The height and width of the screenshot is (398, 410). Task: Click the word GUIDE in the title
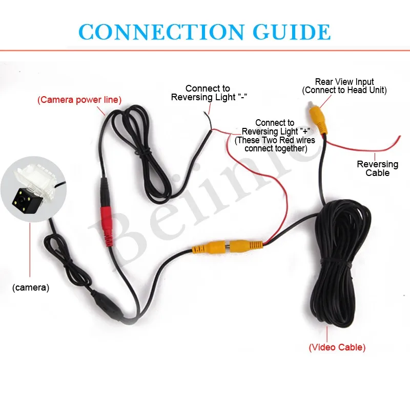(x=292, y=32)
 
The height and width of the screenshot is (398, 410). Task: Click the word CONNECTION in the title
(x=161, y=32)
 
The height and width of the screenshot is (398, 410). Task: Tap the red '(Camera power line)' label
(x=79, y=100)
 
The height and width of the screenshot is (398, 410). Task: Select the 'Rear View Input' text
(x=344, y=82)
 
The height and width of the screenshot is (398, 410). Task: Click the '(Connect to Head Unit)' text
(x=344, y=91)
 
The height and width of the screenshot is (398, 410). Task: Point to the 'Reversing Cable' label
(x=378, y=168)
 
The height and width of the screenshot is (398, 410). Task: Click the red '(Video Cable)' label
(x=337, y=347)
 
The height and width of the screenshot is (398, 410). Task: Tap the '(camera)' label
(x=31, y=288)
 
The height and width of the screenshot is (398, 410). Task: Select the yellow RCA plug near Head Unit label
(x=318, y=118)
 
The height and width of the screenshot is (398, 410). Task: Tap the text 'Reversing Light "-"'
(x=209, y=97)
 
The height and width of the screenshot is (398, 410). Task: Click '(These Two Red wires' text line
(x=275, y=140)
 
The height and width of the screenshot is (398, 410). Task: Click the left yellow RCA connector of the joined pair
(x=209, y=247)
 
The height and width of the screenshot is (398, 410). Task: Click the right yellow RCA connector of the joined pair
(x=246, y=246)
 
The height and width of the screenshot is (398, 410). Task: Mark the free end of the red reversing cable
(x=399, y=137)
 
